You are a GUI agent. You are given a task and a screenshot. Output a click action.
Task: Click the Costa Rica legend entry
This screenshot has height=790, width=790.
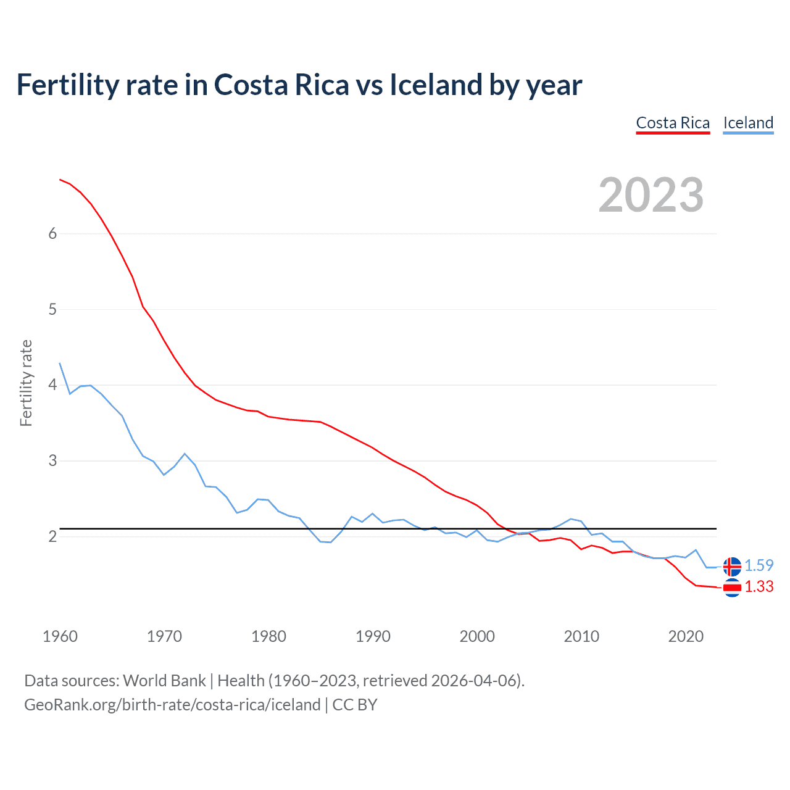point(673,123)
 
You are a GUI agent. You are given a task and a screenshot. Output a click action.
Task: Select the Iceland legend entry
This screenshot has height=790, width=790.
point(748,123)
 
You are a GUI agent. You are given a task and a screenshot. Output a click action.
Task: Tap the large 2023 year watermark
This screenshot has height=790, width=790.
point(651,195)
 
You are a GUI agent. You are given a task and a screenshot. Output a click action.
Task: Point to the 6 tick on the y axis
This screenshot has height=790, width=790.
point(52,233)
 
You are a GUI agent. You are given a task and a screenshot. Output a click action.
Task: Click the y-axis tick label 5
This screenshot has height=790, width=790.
point(52,309)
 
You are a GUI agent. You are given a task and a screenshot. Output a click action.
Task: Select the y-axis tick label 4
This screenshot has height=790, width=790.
point(52,385)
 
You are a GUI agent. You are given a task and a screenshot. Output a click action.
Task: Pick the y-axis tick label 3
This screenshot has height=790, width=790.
point(52,461)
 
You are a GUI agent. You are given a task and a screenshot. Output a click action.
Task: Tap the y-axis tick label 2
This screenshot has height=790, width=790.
point(52,536)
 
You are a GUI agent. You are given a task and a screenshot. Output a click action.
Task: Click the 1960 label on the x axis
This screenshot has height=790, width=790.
point(60,636)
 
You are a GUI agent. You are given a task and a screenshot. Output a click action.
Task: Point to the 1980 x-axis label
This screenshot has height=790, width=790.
point(268,636)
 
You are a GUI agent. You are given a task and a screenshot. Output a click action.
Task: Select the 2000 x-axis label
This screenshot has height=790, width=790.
point(477,636)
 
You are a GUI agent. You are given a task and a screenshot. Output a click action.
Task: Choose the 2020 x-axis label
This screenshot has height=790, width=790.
point(686,636)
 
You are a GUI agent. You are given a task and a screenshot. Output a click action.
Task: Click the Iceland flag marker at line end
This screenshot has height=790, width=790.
point(732,566)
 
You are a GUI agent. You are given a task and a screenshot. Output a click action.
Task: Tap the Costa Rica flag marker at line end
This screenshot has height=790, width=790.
point(732,588)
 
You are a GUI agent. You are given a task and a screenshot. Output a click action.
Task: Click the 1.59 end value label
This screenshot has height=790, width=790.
point(759,565)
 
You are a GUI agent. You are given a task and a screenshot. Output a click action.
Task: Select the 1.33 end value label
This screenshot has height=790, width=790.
point(759,586)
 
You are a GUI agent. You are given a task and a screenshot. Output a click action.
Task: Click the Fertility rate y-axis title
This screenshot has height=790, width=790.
point(26,383)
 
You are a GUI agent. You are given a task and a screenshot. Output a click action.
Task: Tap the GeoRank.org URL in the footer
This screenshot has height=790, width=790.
point(172,705)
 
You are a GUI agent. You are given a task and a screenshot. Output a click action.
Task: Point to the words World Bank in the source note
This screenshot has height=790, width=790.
point(164,681)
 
